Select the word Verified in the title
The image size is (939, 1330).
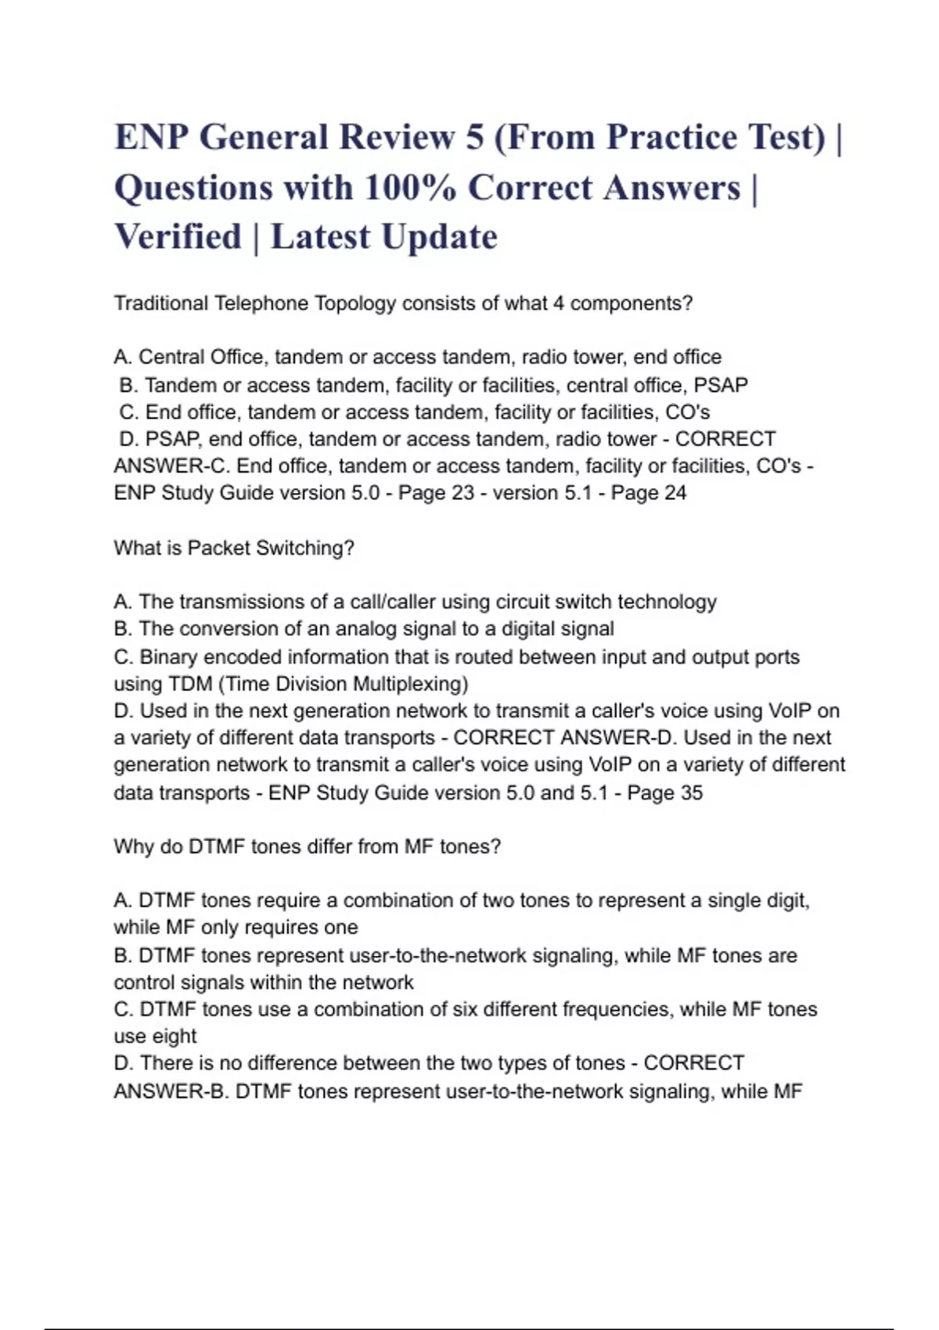pyautogui.click(x=178, y=237)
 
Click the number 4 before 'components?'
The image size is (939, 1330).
pyautogui.click(x=558, y=304)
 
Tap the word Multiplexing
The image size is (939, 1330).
pyautogui.click(x=410, y=684)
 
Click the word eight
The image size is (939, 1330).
pyautogui.click(x=174, y=1037)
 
